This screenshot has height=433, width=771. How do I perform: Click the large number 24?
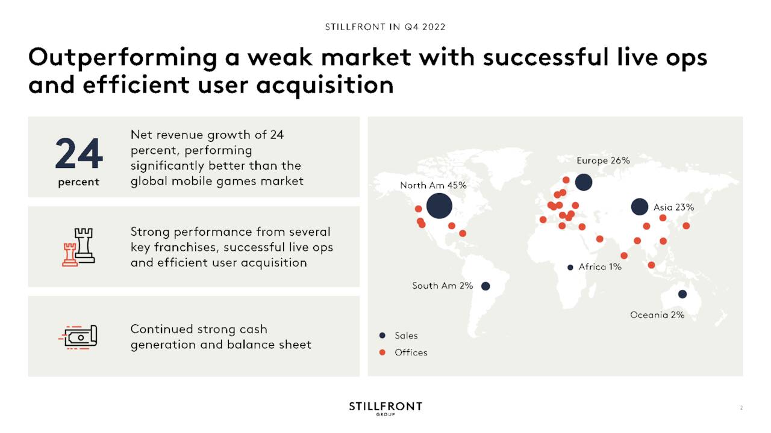pyautogui.click(x=79, y=153)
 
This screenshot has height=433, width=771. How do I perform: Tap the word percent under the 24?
pyautogui.click(x=78, y=182)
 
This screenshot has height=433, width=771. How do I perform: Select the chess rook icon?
pyautogui.click(x=78, y=247)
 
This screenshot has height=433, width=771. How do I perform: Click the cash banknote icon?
pyautogui.click(x=78, y=337)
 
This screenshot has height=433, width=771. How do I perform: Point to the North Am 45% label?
pyautogui.click(x=433, y=186)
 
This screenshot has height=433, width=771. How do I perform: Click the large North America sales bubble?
pyautogui.click(x=439, y=206)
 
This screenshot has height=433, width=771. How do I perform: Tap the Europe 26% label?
pyautogui.click(x=603, y=161)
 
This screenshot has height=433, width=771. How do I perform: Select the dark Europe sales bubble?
pyautogui.click(x=584, y=182)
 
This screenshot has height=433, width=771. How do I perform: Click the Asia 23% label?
pyautogui.click(x=673, y=207)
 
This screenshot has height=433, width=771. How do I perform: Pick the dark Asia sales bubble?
pyautogui.click(x=640, y=207)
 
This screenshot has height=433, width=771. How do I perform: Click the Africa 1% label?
pyautogui.click(x=600, y=267)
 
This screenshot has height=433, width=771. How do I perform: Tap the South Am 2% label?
pyautogui.click(x=442, y=286)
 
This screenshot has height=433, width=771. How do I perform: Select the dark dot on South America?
pyautogui.click(x=485, y=286)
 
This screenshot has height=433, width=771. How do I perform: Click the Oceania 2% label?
pyautogui.click(x=657, y=315)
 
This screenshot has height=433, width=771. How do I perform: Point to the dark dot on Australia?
pyautogui.click(x=682, y=294)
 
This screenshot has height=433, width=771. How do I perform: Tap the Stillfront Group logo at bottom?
pyautogui.click(x=385, y=408)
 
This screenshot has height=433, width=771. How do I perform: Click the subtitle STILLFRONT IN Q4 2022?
pyautogui.click(x=385, y=27)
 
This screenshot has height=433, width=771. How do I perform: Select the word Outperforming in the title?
pyautogui.click(x=122, y=58)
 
